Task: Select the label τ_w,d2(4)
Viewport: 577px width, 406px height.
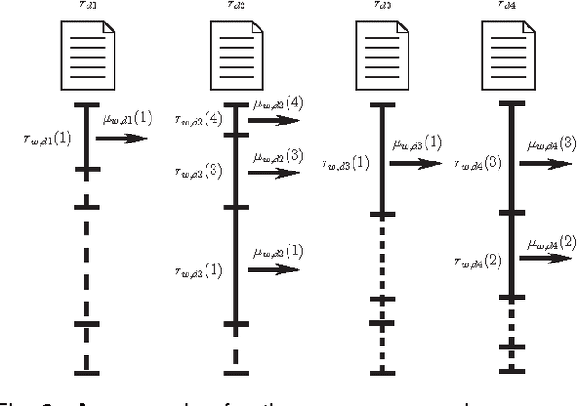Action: point(200,118)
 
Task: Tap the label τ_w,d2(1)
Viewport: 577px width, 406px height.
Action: point(199,270)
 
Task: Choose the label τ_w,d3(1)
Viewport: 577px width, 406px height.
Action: point(345,163)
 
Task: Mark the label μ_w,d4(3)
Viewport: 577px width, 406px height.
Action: point(553,143)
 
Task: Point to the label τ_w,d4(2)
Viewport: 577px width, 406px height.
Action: point(478,261)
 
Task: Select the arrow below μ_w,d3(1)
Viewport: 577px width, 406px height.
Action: point(417,163)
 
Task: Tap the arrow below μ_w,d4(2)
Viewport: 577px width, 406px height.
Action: point(551,258)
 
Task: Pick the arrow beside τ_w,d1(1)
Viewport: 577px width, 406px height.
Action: point(121,138)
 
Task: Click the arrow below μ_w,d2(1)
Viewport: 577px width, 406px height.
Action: point(275,268)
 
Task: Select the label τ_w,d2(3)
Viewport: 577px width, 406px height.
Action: point(200,171)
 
